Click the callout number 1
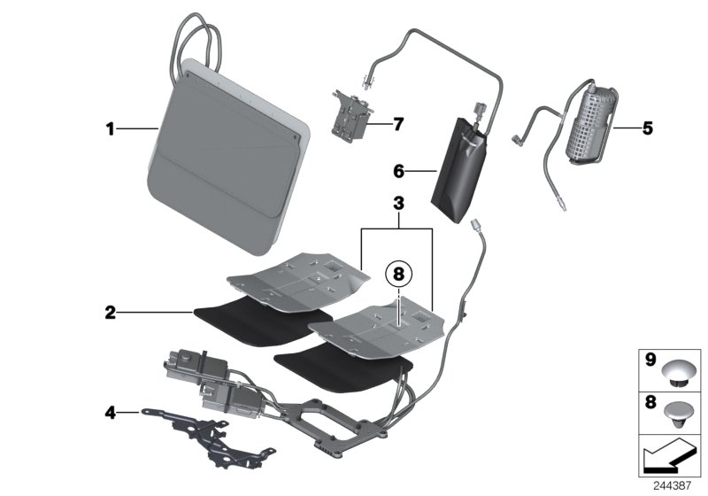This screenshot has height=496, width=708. [110, 129]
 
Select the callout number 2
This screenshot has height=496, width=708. [110, 312]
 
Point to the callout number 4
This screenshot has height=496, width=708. [110, 412]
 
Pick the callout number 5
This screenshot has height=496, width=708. [647, 129]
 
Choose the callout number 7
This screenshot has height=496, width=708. [398, 124]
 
